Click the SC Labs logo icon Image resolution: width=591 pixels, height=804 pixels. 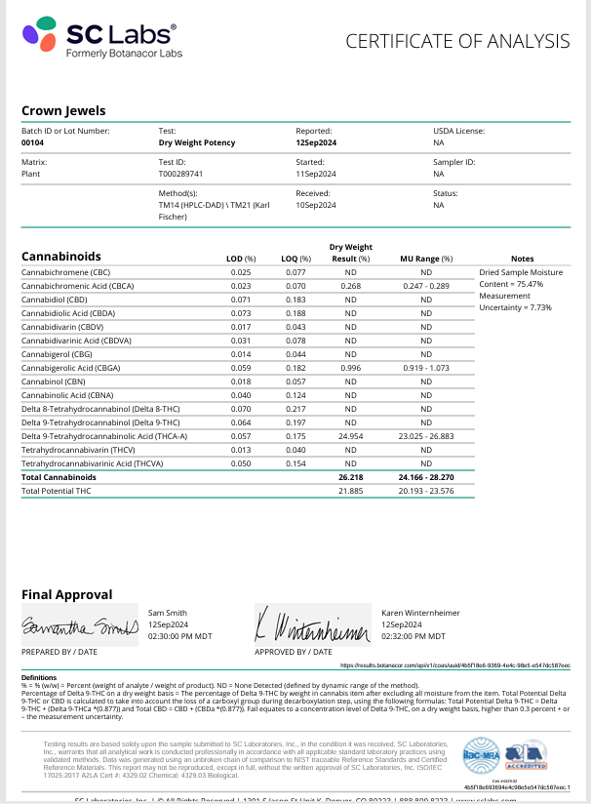(41, 39)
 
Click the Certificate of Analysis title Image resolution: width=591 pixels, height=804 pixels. (457, 41)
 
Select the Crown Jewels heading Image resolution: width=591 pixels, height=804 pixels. (63, 110)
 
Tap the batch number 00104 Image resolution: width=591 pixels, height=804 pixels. (32, 142)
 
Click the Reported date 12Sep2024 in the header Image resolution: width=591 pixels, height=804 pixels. (316, 142)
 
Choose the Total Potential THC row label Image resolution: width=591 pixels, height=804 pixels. (60, 490)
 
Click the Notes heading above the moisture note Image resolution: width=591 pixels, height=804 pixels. (523, 259)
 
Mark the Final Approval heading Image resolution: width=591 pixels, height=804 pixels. (66, 594)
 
